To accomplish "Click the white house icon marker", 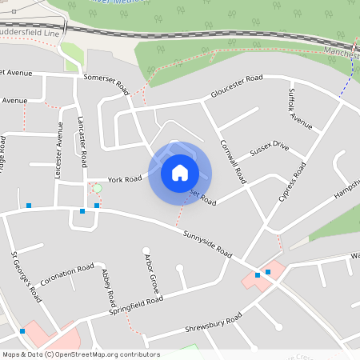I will (x=180, y=173).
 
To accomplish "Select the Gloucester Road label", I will (x=237, y=86).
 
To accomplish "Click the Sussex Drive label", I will (x=269, y=150).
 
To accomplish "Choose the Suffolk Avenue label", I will (x=300, y=109).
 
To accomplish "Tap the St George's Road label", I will (x=26, y=276).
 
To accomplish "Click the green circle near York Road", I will (x=97, y=188).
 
